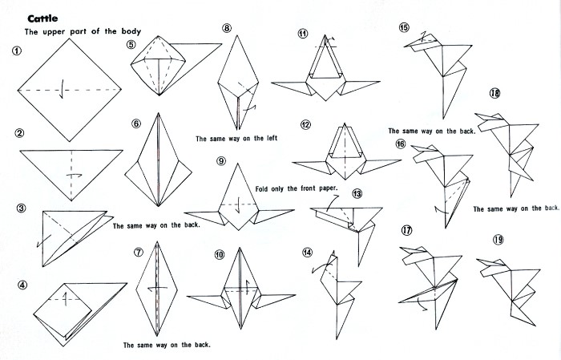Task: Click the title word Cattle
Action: [x=42, y=18]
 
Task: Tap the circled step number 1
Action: [x=17, y=51]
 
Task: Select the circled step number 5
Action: [x=131, y=45]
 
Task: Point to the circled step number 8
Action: [x=227, y=28]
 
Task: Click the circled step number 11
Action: [x=303, y=34]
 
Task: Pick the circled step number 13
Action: [x=357, y=193]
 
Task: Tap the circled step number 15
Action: [x=404, y=27]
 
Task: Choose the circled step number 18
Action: [x=494, y=93]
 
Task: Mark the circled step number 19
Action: [x=498, y=240]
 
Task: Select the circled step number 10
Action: [x=220, y=254]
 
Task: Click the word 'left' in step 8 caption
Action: [x=272, y=138]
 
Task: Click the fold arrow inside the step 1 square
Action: [x=62, y=89]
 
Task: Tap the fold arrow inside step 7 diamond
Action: [x=157, y=289]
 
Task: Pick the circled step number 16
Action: [x=401, y=144]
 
